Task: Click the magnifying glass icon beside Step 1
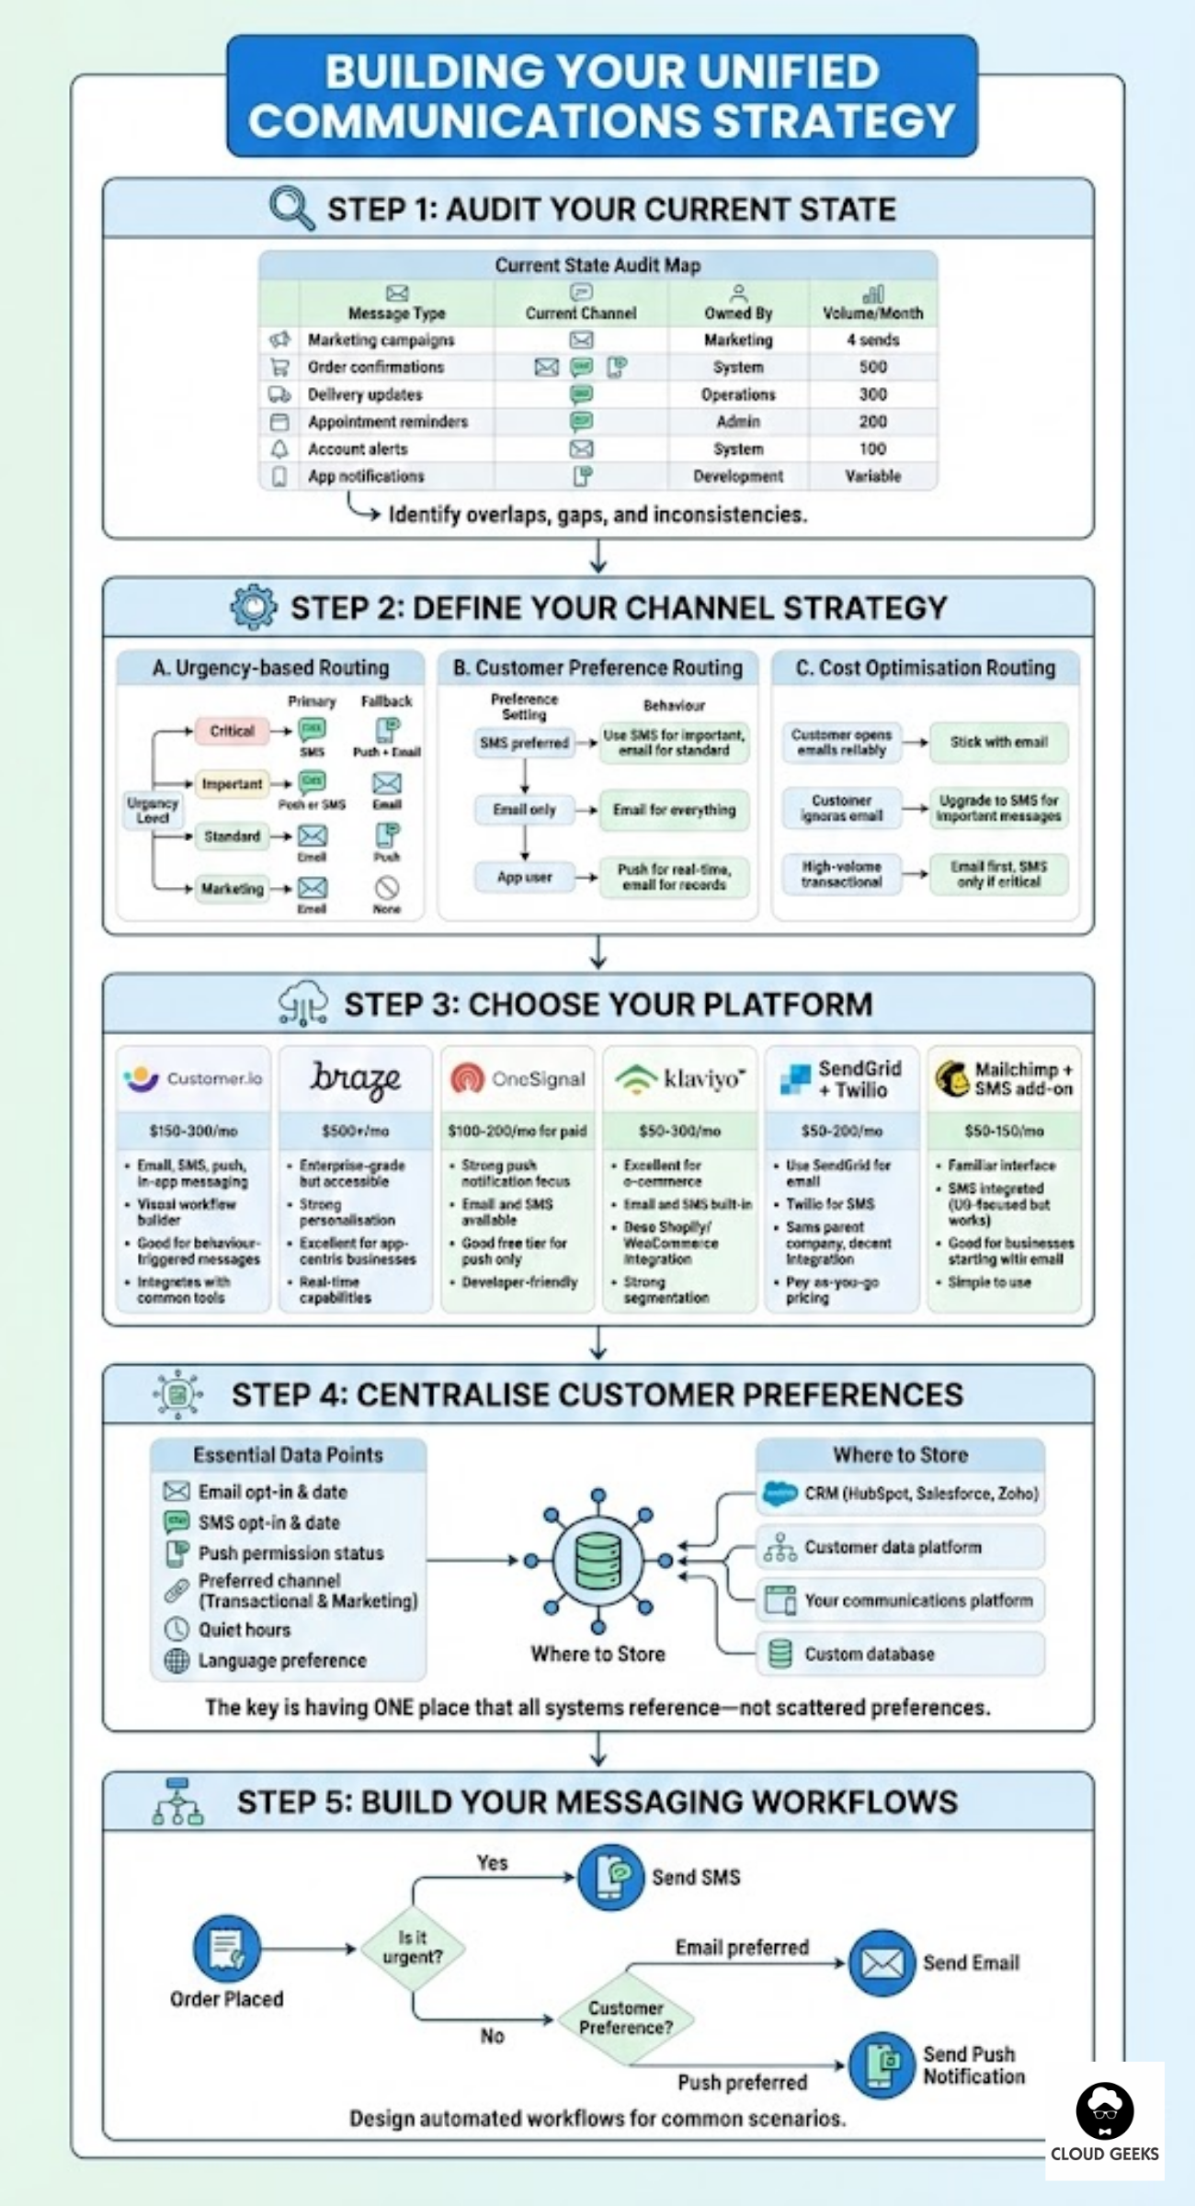click(x=291, y=208)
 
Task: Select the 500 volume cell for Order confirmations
click(x=872, y=367)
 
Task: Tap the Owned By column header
click(x=738, y=313)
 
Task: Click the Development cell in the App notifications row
click(x=738, y=476)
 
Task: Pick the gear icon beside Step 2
click(x=254, y=607)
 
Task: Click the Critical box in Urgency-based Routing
click(x=232, y=731)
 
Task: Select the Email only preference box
click(x=524, y=810)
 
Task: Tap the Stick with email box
click(x=998, y=742)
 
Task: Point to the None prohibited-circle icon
click(x=387, y=887)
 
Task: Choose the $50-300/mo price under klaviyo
click(x=679, y=1131)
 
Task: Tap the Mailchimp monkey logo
click(x=951, y=1077)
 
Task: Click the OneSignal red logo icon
click(x=468, y=1078)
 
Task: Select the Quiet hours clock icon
click(x=176, y=1630)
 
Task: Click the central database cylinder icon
click(x=597, y=1560)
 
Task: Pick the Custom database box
click(x=900, y=1654)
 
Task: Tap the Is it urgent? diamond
click(x=412, y=1948)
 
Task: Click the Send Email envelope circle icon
click(x=882, y=1963)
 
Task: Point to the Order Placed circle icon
click(x=226, y=1948)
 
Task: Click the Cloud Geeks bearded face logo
click(x=1104, y=2110)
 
